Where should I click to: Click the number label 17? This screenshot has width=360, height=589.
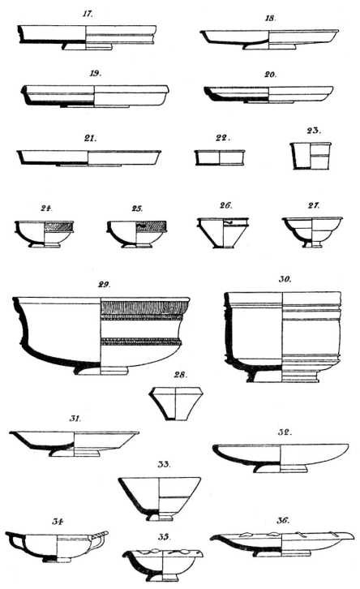[x=88, y=15]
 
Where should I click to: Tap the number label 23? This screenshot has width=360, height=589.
[x=314, y=131]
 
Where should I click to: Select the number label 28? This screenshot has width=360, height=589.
[x=181, y=375]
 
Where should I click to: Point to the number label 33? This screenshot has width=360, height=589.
[x=164, y=464]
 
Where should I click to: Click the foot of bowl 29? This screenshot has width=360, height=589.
[x=101, y=370]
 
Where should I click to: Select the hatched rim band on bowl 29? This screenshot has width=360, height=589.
[x=145, y=307]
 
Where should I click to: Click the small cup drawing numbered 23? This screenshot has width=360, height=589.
[x=311, y=156]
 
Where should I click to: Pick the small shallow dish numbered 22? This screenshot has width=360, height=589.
[x=220, y=157]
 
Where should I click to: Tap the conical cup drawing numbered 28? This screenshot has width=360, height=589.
[x=176, y=404]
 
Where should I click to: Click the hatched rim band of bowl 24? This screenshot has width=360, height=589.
[x=58, y=226]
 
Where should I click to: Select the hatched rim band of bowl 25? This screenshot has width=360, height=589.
[x=152, y=226]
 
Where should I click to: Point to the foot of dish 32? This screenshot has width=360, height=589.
[x=281, y=469]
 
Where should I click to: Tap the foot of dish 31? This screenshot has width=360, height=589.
[x=75, y=453]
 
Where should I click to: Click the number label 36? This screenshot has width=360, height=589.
[x=283, y=521]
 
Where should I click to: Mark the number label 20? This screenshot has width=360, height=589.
[x=271, y=75]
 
